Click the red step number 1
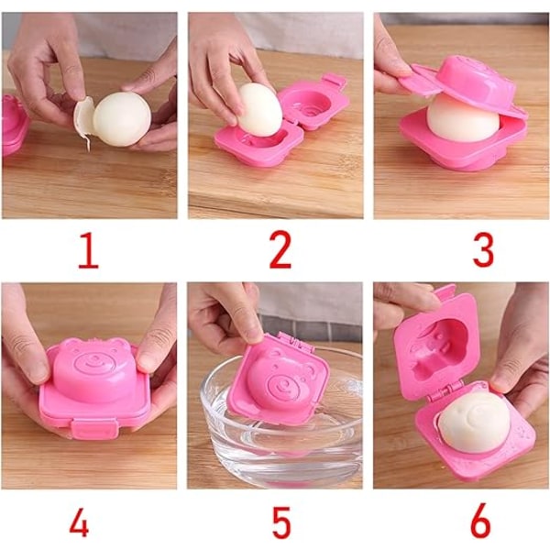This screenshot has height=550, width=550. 88,250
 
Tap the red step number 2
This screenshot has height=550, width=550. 280,250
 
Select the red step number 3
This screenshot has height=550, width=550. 483,250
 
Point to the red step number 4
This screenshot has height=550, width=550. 79,522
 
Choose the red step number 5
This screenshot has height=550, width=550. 281,522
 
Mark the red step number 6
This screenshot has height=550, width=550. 479,521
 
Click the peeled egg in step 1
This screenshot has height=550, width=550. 122,118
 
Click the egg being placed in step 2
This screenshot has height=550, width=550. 259,109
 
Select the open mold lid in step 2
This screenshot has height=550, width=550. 313,103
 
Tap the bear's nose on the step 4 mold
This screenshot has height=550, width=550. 94,357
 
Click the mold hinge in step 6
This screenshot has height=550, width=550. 443,392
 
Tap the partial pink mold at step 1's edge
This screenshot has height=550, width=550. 15,125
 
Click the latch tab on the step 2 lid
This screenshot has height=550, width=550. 334,80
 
